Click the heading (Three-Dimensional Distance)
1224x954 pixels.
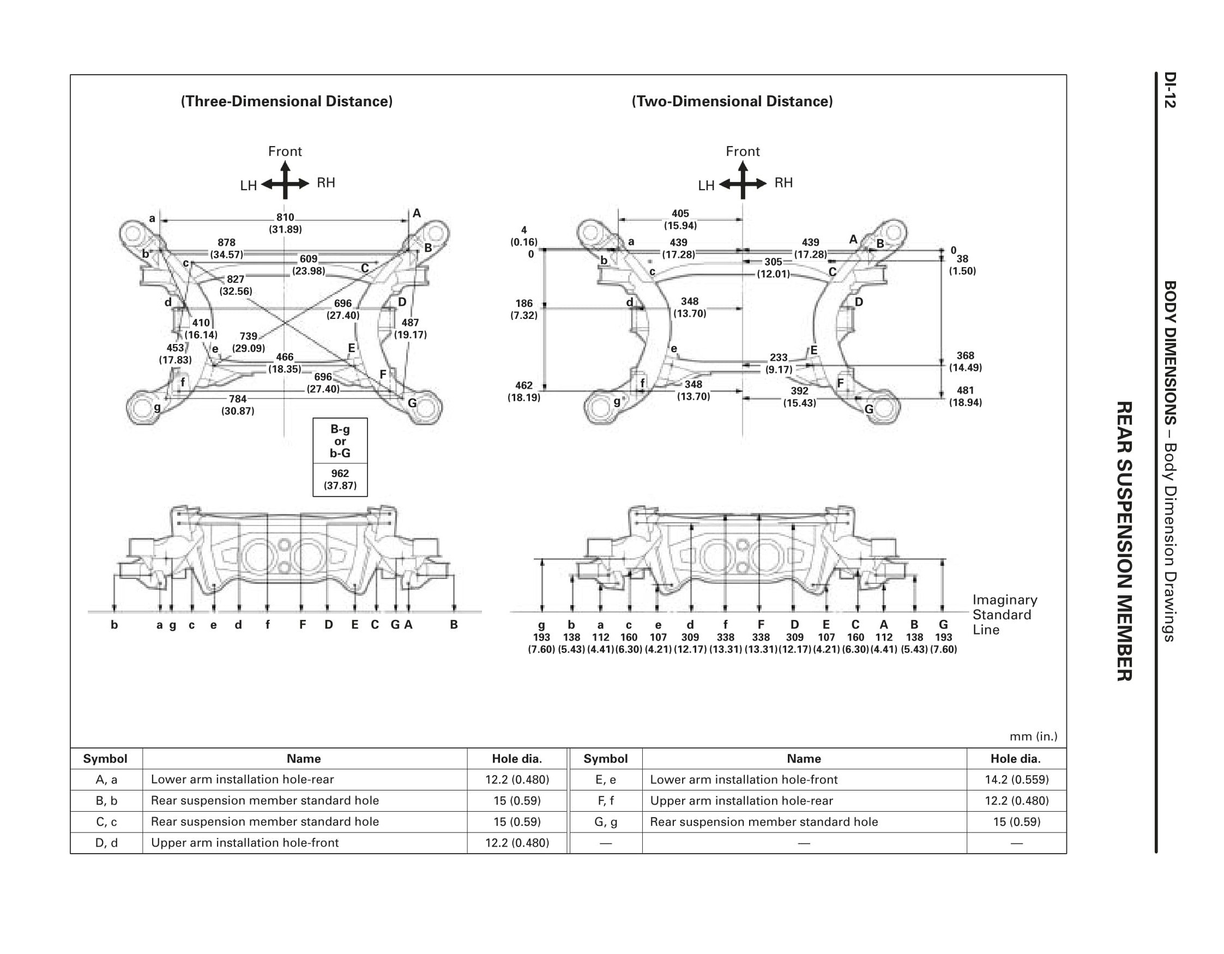click(286, 101)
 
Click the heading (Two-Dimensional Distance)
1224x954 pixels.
click(732, 101)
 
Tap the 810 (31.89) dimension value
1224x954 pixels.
click(285, 223)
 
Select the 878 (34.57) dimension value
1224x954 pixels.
click(226, 248)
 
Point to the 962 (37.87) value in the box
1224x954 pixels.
click(340, 479)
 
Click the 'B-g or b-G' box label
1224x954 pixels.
click(340, 441)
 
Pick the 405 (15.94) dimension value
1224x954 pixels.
click(680, 219)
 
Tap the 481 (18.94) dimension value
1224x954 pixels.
click(965, 396)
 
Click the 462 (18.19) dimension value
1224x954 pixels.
click(523, 391)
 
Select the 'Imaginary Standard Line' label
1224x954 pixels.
click(1004, 615)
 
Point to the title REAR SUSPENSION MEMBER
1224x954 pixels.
click(1124, 541)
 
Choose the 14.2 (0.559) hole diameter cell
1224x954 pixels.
click(1017, 780)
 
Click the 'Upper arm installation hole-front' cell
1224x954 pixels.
click(245, 843)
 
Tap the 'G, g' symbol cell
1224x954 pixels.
click(605, 822)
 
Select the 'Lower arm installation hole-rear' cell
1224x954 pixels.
click(242, 780)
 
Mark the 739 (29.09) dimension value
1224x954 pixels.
click(248, 342)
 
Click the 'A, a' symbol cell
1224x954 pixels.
click(106, 780)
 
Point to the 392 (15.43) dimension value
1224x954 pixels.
click(799, 397)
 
